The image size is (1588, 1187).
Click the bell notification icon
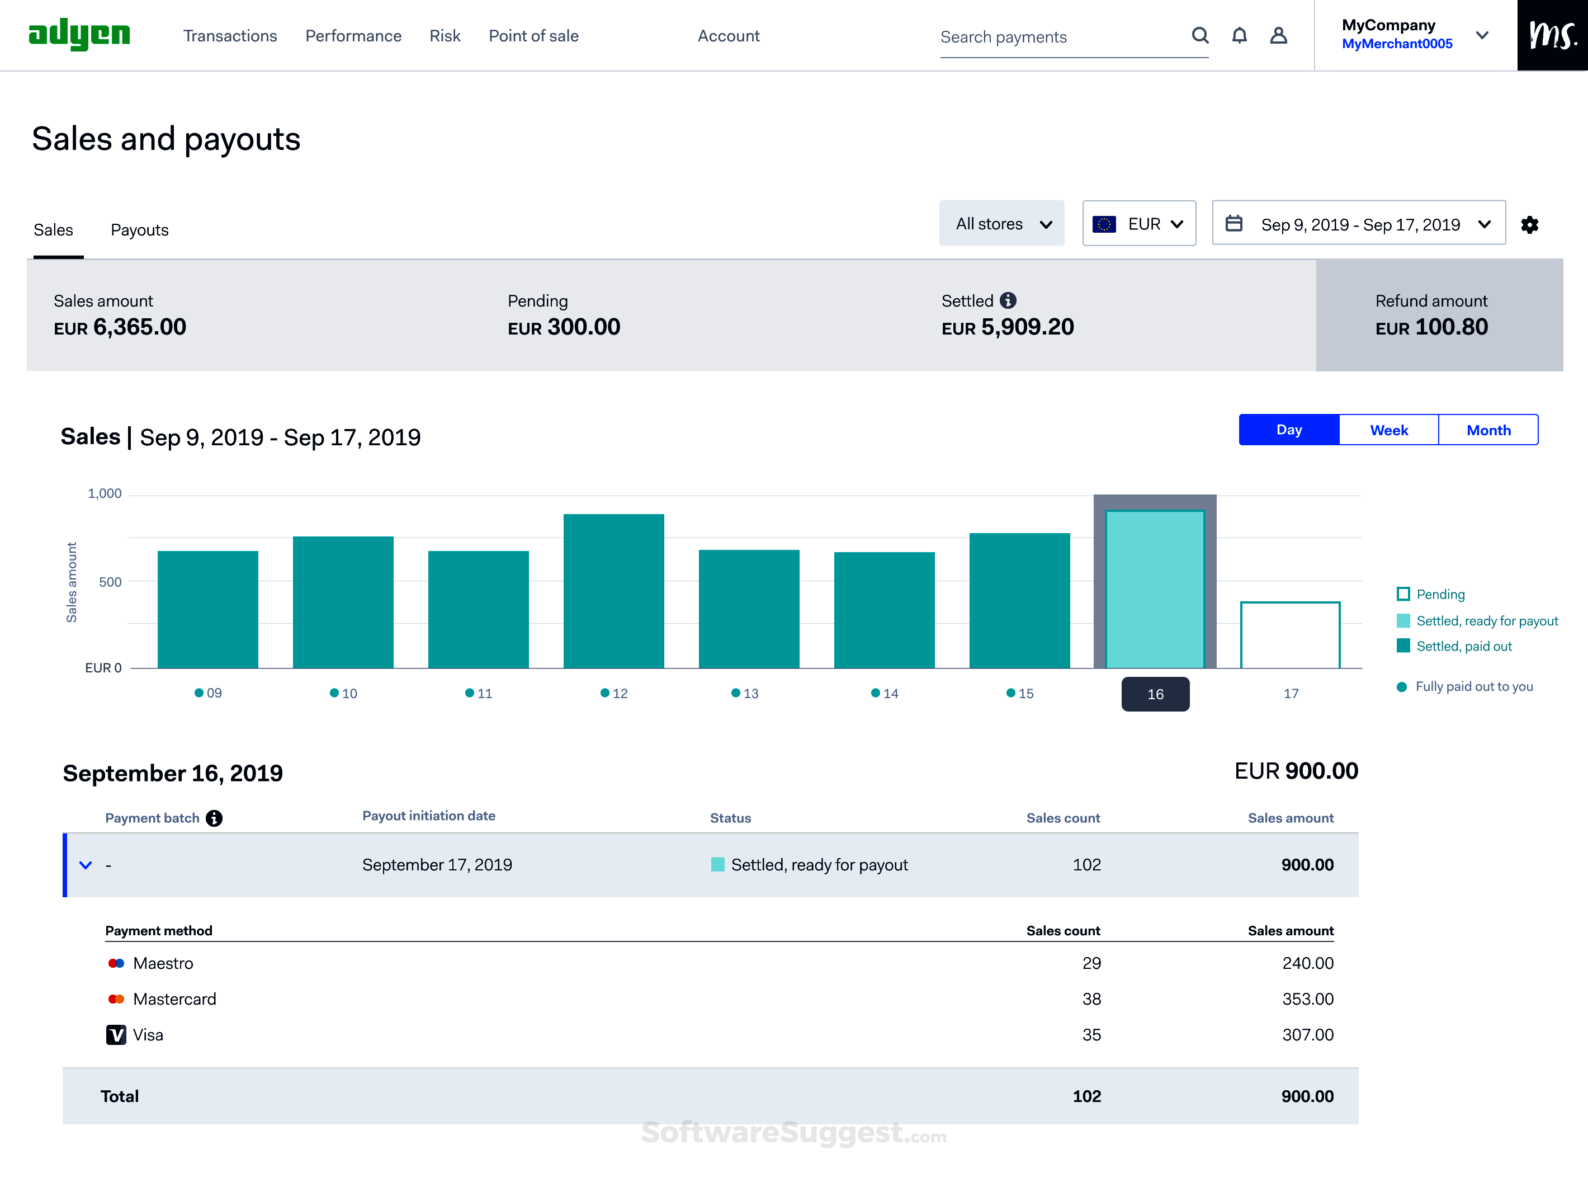1239,36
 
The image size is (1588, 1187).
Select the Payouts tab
139,230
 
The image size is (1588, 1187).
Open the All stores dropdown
1001,224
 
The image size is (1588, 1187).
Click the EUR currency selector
1138,224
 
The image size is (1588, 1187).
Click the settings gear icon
1529,225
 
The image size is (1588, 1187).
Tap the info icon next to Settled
1008,300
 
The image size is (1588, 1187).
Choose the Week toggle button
1388,430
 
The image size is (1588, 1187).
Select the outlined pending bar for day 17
1289,635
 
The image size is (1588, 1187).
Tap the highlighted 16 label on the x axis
1155,694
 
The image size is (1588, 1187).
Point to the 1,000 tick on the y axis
105,493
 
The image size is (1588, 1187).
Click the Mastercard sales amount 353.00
1307,999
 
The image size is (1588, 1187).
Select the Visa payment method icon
116,1035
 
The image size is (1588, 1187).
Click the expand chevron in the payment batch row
86,865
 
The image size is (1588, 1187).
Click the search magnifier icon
1199,36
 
